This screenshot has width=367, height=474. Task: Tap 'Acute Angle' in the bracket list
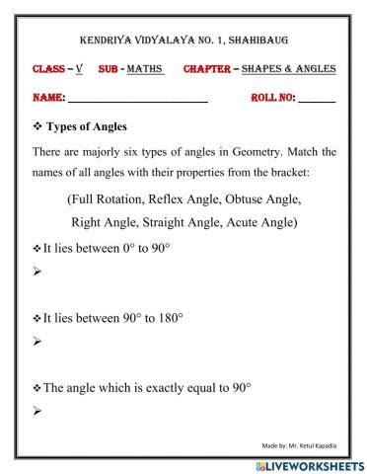click(x=281, y=223)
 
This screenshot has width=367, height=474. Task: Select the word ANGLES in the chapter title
click(x=314, y=69)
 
